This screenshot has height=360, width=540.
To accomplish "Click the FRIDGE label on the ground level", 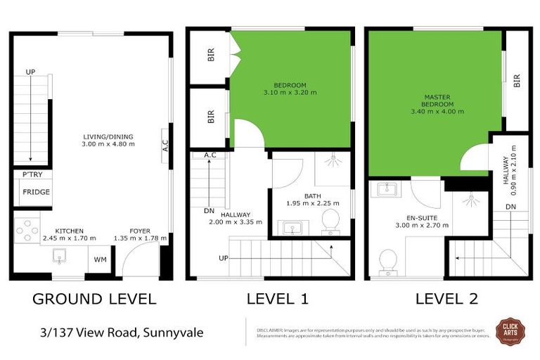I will (x=36, y=192).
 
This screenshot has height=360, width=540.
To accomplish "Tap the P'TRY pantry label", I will (x=32, y=174).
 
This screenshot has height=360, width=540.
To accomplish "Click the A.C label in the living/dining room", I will (x=165, y=146).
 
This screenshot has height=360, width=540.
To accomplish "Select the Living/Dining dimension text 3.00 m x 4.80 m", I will (x=108, y=145).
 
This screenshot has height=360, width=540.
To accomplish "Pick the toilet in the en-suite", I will (x=387, y=261).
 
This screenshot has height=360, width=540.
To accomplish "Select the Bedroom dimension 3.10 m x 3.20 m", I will (x=290, y=91).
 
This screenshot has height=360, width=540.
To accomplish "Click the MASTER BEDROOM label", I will (x=437, y=103).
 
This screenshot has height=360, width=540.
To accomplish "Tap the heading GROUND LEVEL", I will (x=94, y=299).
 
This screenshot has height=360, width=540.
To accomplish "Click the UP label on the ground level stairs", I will (x=30, y=72).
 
